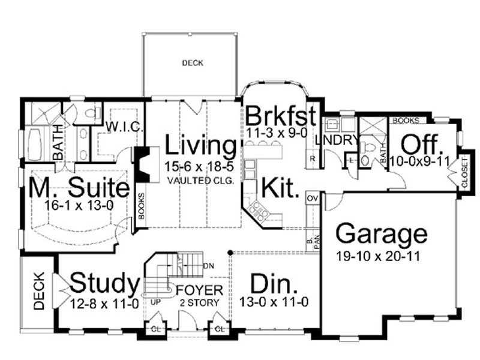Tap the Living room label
201,145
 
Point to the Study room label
104,281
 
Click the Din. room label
274,283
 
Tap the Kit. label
279,188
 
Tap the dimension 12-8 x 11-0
105,303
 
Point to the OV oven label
311,198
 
